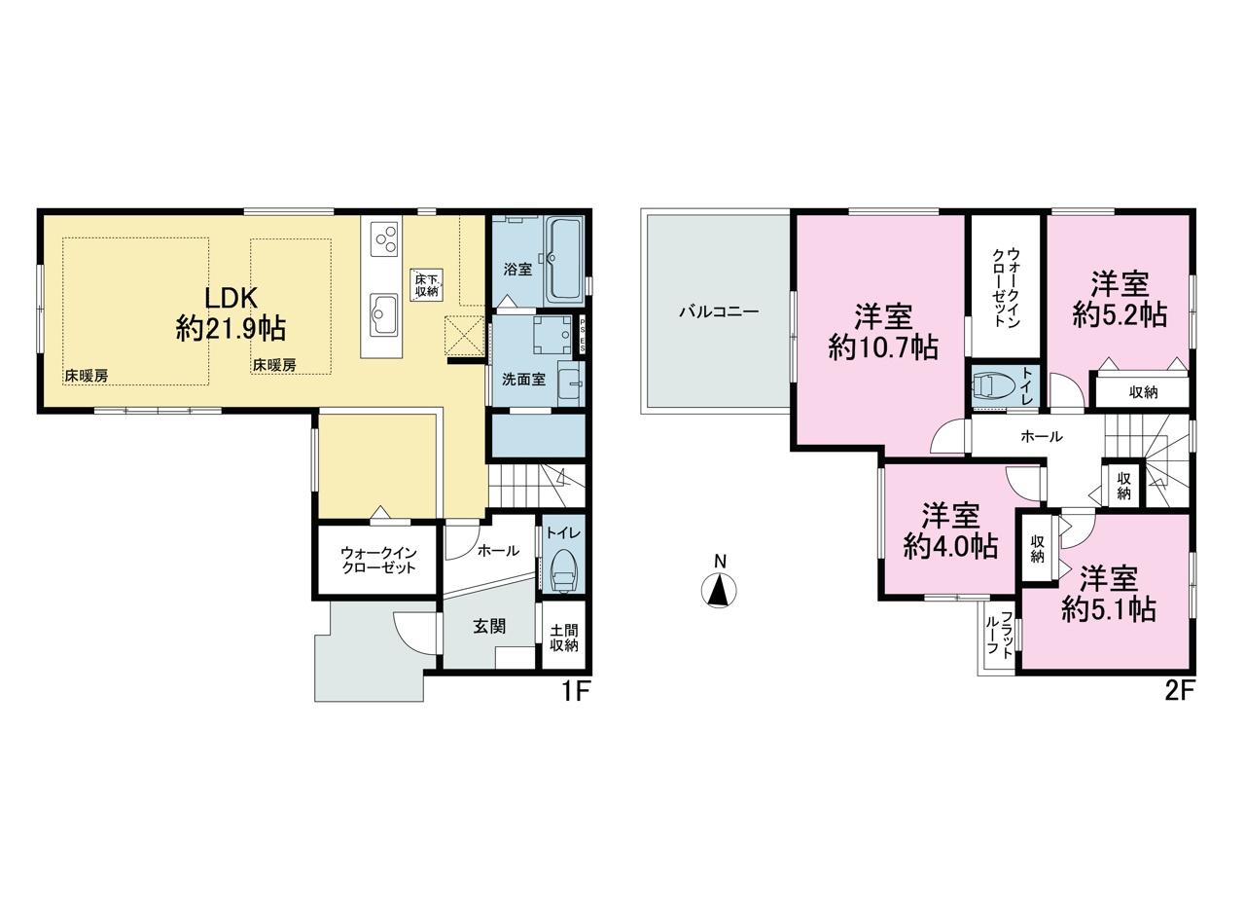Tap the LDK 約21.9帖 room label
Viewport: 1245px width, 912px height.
pyautogui.click(x=231, y=313)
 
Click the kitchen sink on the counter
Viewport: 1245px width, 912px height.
pyautogui.click(x=383, y=314)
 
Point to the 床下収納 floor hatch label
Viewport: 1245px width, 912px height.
pyautogui.click(x=427, y=285)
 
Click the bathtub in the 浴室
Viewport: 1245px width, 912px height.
pyautogui.click(x=563, y=260)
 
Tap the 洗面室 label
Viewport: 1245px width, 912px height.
pyautogui.click(x=523, y=380)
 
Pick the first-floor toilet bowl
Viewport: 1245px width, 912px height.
pyautogui.click(x=563, y=569)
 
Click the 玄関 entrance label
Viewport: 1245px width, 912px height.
pyautogui.click(x=489, y=627)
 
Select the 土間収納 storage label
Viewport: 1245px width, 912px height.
pyautogui.click(x=563, y=638)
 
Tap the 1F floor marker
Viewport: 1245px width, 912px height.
pyautogui.click(x=575, y=692)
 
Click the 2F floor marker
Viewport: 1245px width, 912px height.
pyautogui.click(x=1180, y=692)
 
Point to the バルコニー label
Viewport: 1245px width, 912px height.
pyautogui.click(x=719, y=311)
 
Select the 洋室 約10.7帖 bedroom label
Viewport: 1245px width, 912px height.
pyautogui.click(x=883, y=333)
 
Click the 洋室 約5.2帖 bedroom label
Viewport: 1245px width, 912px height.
pyautogui.click(x=1120, y=299)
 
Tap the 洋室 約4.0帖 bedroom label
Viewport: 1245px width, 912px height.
pyautogui.click(x=950, y=530)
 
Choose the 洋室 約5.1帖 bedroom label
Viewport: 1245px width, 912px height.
pyautogui.click(x=1109, y=595)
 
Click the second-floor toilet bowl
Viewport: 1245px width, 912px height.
pyautogui.click(x=993, y=384)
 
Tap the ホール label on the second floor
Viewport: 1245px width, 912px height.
pyautogui.click(x=1042, y=437)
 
